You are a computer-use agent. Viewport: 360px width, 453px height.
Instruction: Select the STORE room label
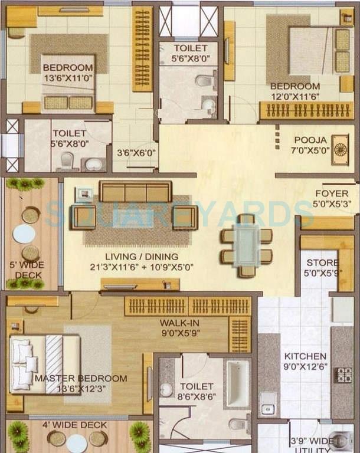[322, 262]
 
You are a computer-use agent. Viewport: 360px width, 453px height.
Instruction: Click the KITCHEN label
[305, 356]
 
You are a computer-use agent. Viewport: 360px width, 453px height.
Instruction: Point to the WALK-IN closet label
[179, 323]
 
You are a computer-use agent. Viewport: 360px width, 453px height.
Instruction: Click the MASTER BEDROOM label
[81, 378]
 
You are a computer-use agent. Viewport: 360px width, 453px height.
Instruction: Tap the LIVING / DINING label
[142, 257]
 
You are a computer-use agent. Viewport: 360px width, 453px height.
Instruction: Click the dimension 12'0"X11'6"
[295, 97]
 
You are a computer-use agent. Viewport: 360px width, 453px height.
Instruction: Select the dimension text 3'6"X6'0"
[136, 153]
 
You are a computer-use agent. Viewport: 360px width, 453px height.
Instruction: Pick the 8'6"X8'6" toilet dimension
[197, 396]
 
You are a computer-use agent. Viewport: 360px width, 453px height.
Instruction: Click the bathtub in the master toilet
[238, 384]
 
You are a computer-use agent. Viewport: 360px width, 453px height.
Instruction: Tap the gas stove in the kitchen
[343, 375]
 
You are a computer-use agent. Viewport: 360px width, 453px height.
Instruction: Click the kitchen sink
[268, 403]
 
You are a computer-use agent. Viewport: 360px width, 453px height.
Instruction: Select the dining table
[246, 245]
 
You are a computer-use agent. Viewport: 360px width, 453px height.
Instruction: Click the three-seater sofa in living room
[136, 191]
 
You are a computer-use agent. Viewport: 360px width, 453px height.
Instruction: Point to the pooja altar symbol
[340, 149]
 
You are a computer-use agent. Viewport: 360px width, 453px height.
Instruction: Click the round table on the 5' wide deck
[24, 234]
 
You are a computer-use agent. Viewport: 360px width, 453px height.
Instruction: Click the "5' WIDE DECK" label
[27, 270]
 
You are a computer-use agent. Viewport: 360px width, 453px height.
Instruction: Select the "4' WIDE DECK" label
[74, 425]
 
